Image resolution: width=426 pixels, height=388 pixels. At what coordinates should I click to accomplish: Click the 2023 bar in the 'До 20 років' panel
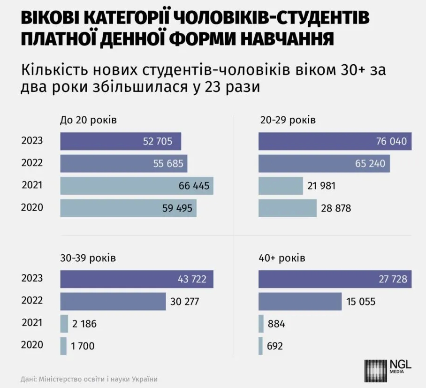[x=120, y=141]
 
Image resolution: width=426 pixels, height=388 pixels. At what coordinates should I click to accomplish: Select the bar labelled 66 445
[x=137, y=186]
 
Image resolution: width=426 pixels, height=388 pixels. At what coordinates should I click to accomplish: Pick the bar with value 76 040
[x=335, y=141]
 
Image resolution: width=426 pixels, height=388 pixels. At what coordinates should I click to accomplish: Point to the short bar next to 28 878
[x=288, y=208]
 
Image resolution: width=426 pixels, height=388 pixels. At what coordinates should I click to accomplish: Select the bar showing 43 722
[x=137, y=279]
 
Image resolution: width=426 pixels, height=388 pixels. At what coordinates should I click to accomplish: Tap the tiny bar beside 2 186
[x=64, y=324]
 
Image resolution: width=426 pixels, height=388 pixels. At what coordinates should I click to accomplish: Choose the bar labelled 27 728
[x=335, y=279]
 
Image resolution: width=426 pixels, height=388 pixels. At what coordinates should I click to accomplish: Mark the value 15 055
[x=361, y=301]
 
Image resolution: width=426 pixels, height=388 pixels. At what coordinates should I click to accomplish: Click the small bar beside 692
[x=260, y=346]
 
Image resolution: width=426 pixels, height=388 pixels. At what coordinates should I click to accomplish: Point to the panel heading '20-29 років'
[x=287, y=120]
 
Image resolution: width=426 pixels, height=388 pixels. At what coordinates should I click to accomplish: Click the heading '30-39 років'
[x=88, y=258]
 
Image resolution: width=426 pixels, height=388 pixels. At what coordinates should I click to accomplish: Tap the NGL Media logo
[x=388, y=369]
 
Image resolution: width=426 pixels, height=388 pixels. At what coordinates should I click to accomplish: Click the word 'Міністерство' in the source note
[x=61, y=379]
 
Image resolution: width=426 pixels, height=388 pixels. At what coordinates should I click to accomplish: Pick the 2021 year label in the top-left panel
[x=32, y=185]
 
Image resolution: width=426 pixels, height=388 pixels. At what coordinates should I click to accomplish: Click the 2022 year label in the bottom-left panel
[x=32, y=301]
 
